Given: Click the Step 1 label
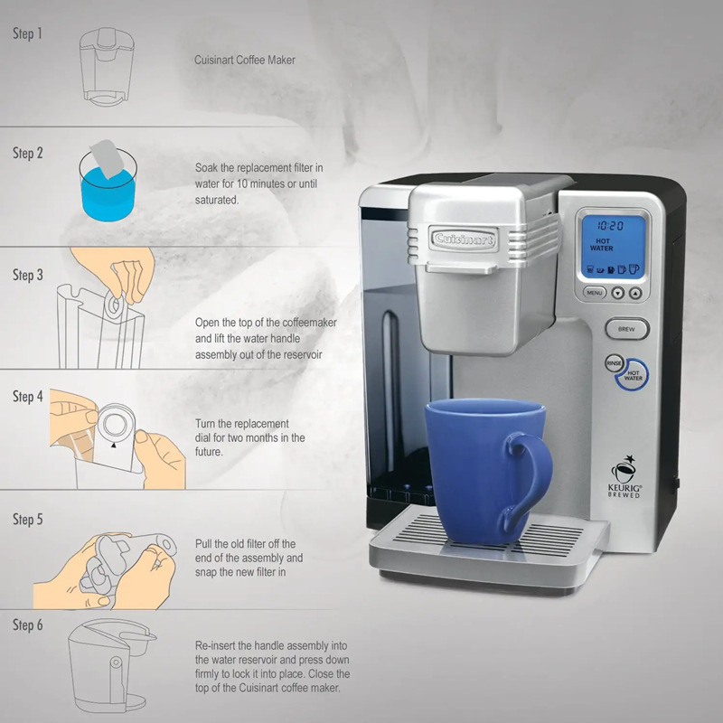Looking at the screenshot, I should [x=27, y=34].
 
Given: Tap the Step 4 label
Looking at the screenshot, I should [x=27, y=397].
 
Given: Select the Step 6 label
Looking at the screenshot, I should [x=27, y=625].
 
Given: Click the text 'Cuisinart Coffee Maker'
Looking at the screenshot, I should [x=245, y=61].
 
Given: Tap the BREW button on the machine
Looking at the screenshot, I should [x=627, y=330].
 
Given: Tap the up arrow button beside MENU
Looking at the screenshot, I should [x=636, y=294].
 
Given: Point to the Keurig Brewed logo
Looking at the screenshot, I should [x=625, y=477].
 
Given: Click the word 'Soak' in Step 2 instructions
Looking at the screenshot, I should [x=207, y=168].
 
